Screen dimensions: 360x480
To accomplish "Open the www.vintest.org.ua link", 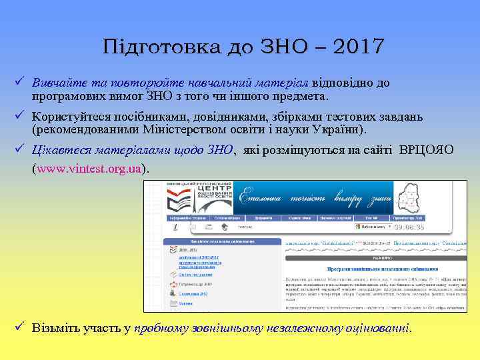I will pyautogui.click(x=90, y=169).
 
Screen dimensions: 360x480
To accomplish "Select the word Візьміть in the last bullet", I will pyautogui.click(x=55, y=329).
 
